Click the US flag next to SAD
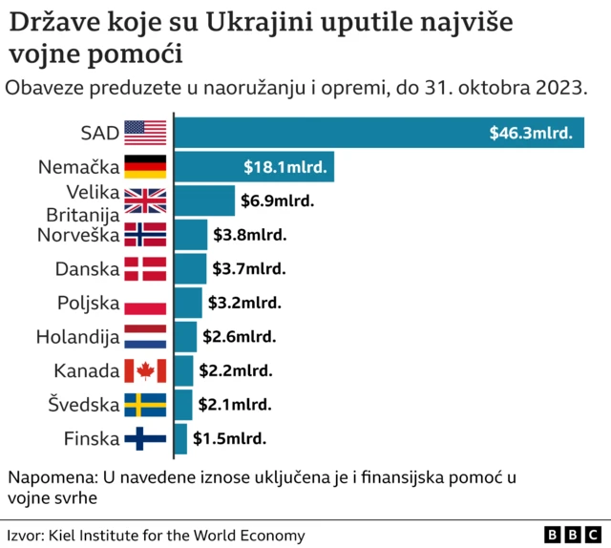click(145, 133)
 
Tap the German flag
click(145, 167)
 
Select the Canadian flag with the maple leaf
click(145, 370)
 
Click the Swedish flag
click(145, 405)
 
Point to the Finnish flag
click(145, 439)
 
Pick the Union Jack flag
click(145, 200)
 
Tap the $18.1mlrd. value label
click(285, 167)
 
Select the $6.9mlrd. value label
click(278, 201)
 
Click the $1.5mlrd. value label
click(229, 439)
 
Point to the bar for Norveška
click(190, 235)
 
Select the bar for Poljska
click(188, 304)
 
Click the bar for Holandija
click(185, 337)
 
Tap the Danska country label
click(86, 269)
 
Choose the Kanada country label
click(86, 370)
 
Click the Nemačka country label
click(79, 167)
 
